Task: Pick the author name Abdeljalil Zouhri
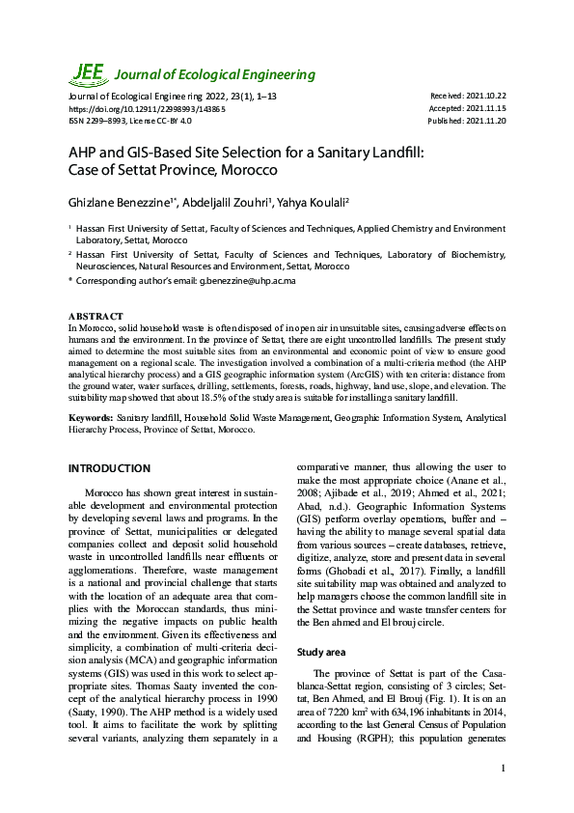pos(220,202)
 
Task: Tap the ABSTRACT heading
pos(96,317)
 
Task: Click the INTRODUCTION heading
pos(109,468)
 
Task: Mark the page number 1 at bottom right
pos(504,769)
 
